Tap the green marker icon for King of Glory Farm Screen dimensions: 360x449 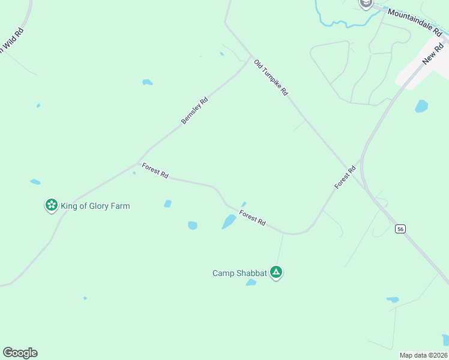point(52,206)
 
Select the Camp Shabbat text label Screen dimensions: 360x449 point(240,273)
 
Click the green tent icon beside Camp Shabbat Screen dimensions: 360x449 point(276,272)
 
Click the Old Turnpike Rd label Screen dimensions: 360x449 point(271,77)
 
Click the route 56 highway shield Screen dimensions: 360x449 point(400,229)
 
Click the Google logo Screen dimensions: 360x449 point(20,353)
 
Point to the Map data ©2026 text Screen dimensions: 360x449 point(423,355)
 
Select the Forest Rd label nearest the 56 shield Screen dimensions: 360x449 point(345,177)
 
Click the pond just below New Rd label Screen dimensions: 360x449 point(421,106)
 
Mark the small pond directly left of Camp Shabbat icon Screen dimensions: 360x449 point(251,283)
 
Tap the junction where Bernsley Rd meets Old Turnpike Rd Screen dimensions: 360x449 point(251,58)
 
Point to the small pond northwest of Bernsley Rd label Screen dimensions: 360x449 point(147,82)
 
